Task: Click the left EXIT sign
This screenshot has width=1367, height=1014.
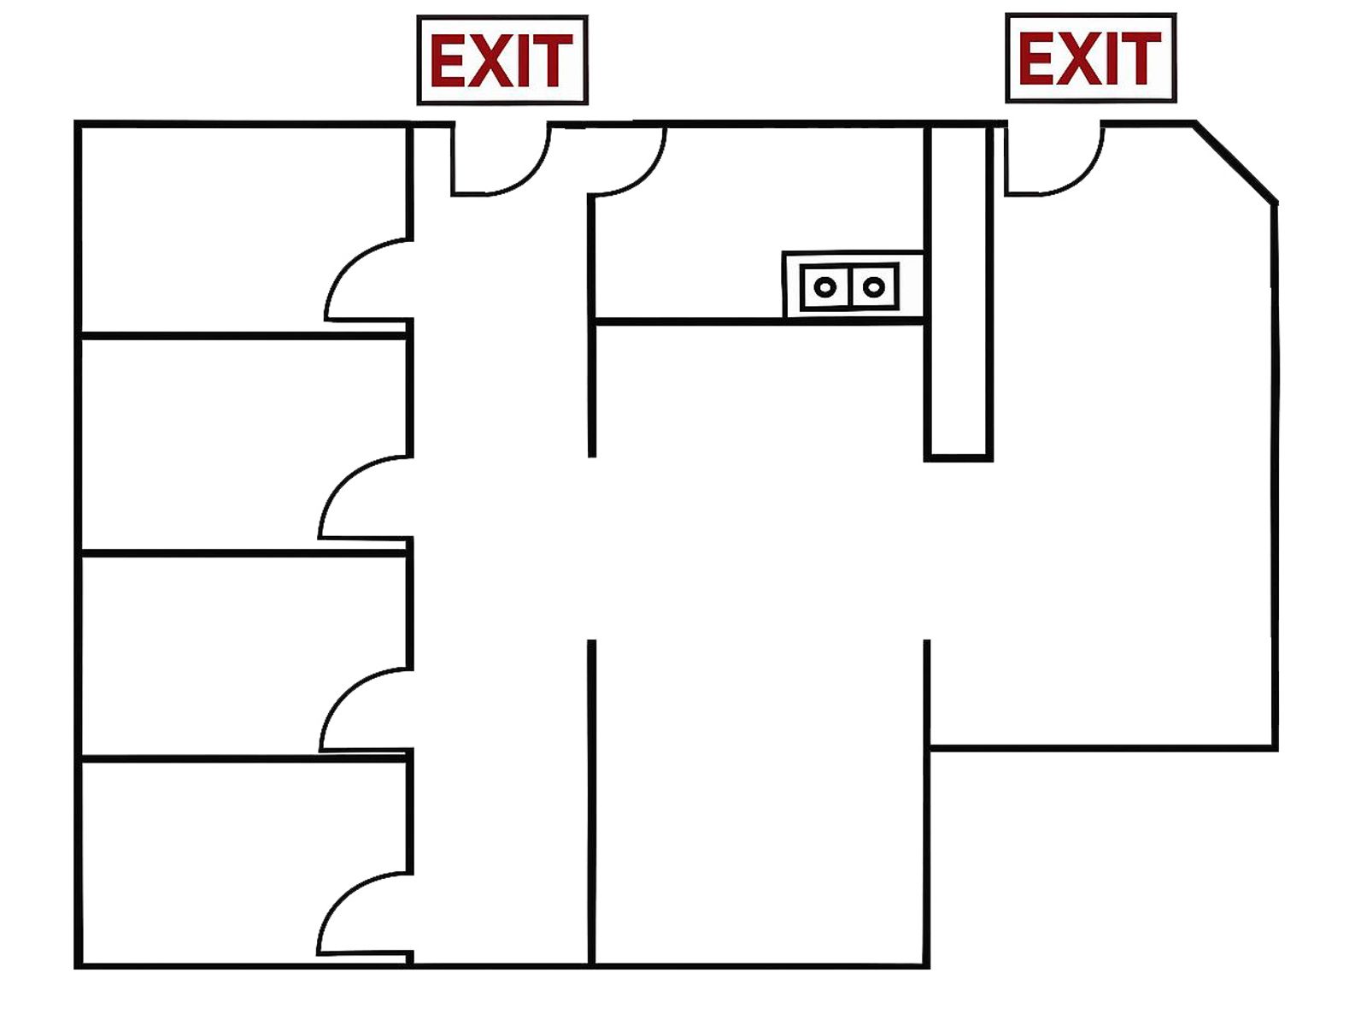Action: [x=502, y=60]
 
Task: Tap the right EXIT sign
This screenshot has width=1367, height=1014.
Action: [x=1090, y=57]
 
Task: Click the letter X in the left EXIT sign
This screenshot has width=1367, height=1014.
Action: [x=490, y=61]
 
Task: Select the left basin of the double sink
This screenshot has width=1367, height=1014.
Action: [x=824, y=286]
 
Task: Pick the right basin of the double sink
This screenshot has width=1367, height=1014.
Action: [x=874, y=286]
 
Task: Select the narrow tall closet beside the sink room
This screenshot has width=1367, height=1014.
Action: [x=959, y=292]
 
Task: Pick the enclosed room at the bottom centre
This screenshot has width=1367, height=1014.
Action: [x=760, y=802]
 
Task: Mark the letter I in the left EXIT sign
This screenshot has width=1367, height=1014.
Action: [x=525, y=61]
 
